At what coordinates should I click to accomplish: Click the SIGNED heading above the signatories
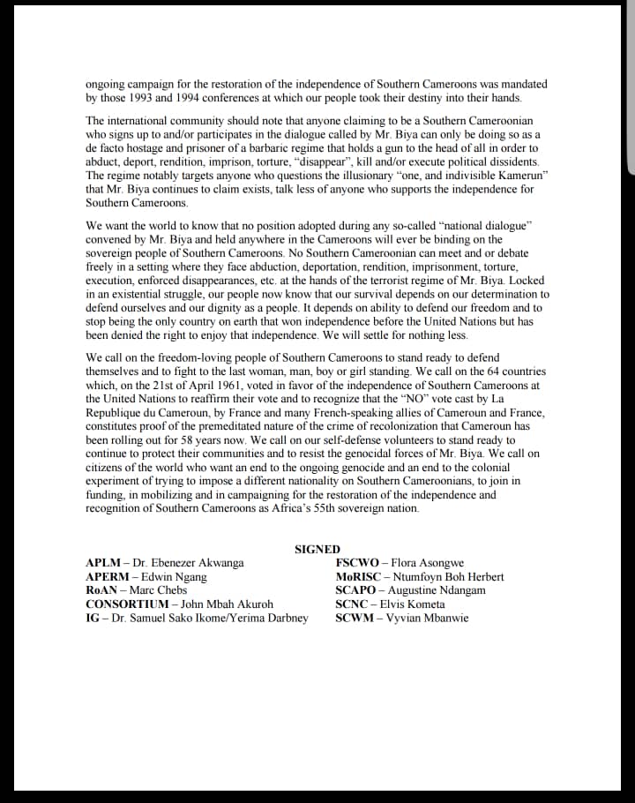click(x=317, y=549)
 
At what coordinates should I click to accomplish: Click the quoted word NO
click(x=419, y=399)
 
